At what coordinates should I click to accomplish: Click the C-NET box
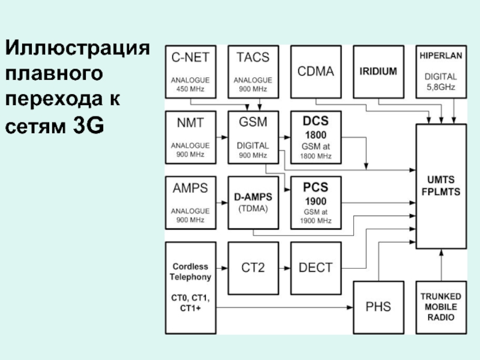click(x=190, y=71)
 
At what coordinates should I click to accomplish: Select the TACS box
click(x=253, y=71)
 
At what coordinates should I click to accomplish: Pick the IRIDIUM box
click(x=378, y=71)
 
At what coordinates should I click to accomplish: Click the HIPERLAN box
click(x=440, y=71)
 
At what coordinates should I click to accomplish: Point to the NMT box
click(x=190, y=137)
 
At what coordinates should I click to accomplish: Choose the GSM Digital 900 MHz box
click(x=253, y=137)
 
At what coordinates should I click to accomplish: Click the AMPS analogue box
click(x=190, y=202)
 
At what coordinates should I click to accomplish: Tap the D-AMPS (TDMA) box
click(x=253, y=202)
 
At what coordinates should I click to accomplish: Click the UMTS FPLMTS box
click(x=441, y=186)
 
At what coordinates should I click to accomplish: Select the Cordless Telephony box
click(x=190, y=288)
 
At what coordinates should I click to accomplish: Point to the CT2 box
click(x=253, y=268)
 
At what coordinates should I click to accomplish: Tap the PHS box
click(x=378, y=307)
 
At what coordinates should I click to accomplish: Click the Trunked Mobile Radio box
click(x=441, y=307)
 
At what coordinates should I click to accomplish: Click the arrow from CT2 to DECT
click(x=284, y=268)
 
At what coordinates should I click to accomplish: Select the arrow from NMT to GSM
click(x=221, y=137)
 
